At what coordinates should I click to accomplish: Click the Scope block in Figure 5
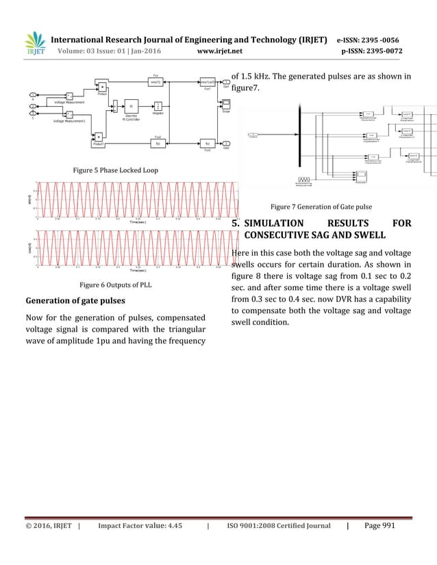pyautogui.click(x=226, y=103)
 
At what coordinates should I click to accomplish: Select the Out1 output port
pyautogui.click(x=227, y=82)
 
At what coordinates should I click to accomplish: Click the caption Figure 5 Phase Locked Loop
pyautogui.click(x=116, y=168)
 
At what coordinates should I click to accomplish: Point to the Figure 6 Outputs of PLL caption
pyautogui.click(x=116, y=285)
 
